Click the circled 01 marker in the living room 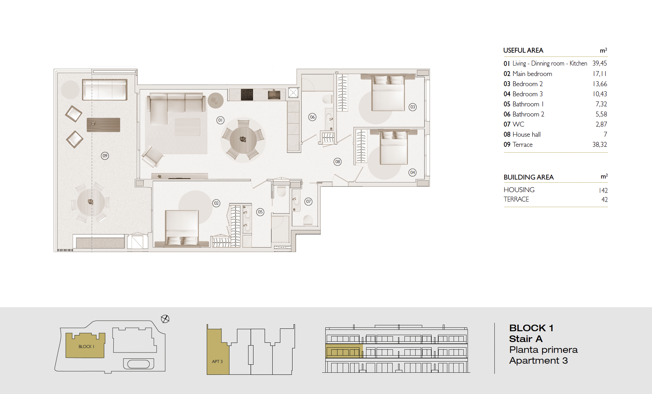pyautogui.click(x=220, y=120)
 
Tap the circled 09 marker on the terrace pyautogui.click(x=105, y=156)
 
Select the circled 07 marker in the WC pyautogui.click(x=309, y=202)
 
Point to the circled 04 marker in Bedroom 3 pyautogui.click(x=412, y=173)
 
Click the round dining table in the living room pyautogui.click(x=243, y=140)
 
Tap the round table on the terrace pyautogui.click(x=91, y=202)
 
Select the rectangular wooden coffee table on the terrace pyautogui.click(x=104, y=125)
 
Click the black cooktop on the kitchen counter pyautogui.click(x=247, y=94)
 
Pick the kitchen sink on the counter pyautogui.click(x=274, y=94)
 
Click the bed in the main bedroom pyautogui.click(x=182, y=228)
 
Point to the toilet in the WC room pyautogui.click(x=308, y=220)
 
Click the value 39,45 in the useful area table pyautogui.click(x=600, y=63)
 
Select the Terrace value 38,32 pyautogui.click(x=600, y=145)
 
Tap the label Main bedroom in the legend pyautogui.click(x=532, y=74)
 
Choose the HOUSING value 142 pyautogui.click(x=604, y=190)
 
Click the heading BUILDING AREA pyautogui.click(x=529, y=177)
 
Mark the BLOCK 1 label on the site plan pyautogui.click(x=86, y=347)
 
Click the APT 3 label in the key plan pyautogui.click(x=217, y=362)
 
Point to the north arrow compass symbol pyautogui.click(x=165, y=319)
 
